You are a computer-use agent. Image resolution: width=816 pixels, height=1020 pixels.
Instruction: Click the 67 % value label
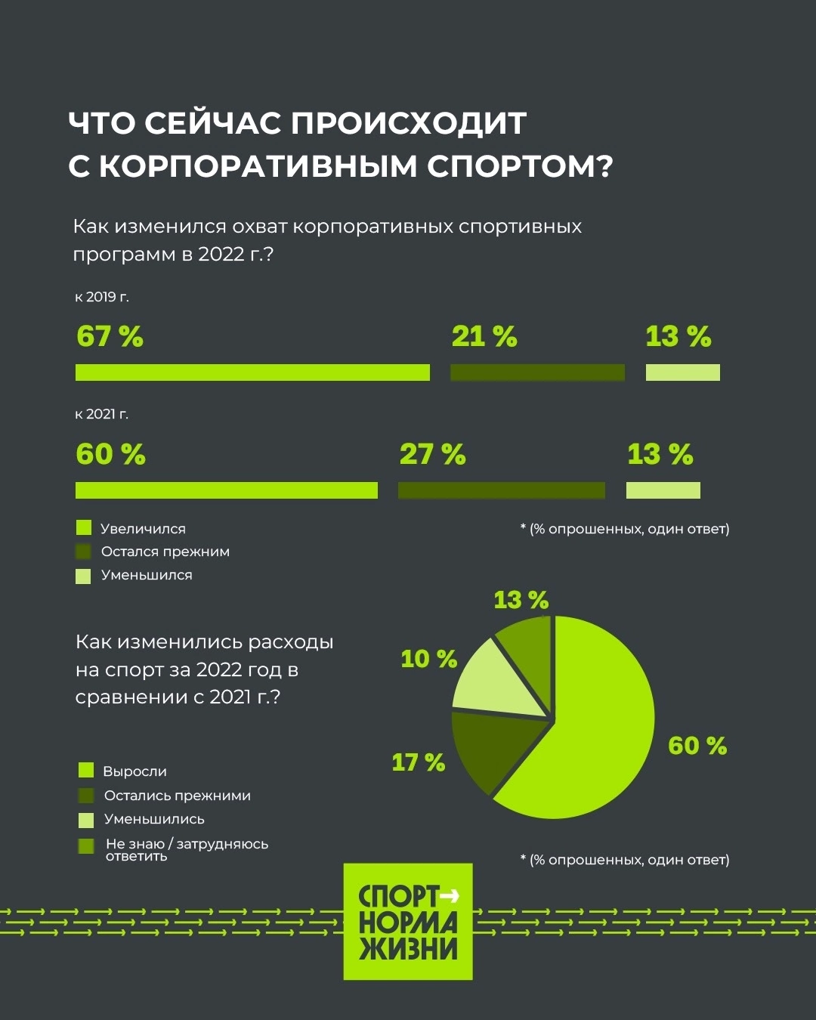pyautogui.click(x=110, y=336)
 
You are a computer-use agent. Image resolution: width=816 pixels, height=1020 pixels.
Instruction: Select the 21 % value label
pyautogui.click(x=484, y=336)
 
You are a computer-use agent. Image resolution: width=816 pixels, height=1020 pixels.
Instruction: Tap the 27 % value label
pyautogui.click(x=432, y=454)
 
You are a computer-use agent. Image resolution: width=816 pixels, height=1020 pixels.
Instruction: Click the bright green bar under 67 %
pyautogui.click(x=252, y=372)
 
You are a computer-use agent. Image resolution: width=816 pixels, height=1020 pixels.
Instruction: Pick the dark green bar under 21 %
pyautogui.click(x=537, y=372)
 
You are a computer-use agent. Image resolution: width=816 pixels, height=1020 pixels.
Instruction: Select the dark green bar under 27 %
pyautogui.click(x=501, y=490)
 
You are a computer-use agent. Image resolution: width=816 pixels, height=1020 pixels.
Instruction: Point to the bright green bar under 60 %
pyautogui.click(x=226, y=490)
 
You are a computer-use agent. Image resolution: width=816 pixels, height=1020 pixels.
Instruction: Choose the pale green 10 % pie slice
pyautogui.click(x=495, y=684)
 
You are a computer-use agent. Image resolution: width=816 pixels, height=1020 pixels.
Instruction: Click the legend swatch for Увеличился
pyautogui.click(x=84, y=528)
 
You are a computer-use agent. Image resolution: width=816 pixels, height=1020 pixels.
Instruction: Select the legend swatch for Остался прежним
pyautogui.click(x=84, y=552)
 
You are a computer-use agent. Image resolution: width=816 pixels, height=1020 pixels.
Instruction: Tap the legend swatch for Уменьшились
pyautogui.click(x=86, y=820)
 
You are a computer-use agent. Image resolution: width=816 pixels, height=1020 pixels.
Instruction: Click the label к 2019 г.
pyautogui.click(x=102, y=297)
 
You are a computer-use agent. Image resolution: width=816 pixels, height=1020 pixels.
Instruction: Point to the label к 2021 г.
pyautogui.click(x=102, y=414)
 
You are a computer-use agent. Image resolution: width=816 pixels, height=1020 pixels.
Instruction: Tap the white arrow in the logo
pyautogui.click(x=450, y=896)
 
